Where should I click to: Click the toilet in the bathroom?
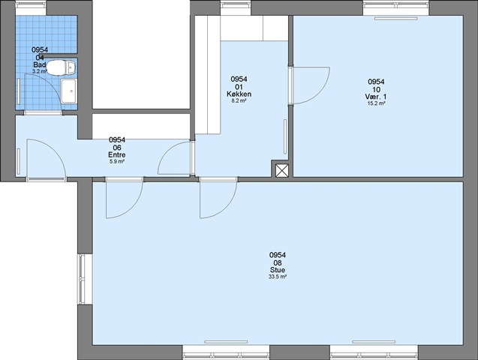coord(61,67)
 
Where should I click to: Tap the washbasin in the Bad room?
coord(68,91)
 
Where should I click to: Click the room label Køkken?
coord(239,94)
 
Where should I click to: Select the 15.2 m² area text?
coord(376,103)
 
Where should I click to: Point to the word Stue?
coord(278,270)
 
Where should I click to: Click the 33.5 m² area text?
coord(278,277)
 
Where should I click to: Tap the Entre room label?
coord(117,155)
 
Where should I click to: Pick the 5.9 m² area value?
coord(117,162)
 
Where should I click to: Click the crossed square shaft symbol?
coord(282,170)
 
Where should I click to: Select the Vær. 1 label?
coord(376,97)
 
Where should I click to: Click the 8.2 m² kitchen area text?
coord(239,100)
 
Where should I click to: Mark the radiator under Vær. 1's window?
coord(395,19)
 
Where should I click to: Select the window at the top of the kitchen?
coord(236,4)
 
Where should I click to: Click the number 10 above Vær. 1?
coord(376,89)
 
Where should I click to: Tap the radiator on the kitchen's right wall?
coord(285,136)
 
